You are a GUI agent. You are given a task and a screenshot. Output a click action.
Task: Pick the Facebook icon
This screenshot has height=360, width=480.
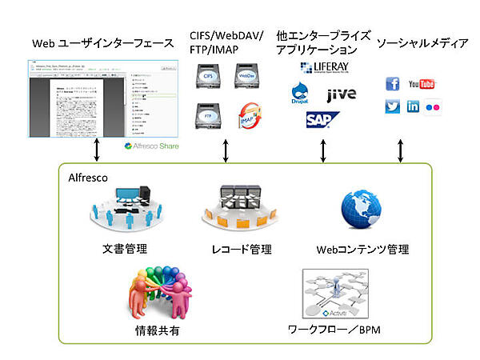point(393,84)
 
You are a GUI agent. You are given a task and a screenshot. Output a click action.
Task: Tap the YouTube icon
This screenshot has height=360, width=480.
point(421,84)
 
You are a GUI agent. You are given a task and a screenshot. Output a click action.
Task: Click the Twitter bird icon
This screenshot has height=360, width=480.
point(393,106)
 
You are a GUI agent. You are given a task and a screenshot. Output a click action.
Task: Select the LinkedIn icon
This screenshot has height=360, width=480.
point(414,106)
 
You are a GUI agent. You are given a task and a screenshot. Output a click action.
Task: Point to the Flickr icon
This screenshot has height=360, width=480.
point(434,106)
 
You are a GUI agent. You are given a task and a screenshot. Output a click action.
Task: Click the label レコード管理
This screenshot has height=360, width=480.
point(239,248)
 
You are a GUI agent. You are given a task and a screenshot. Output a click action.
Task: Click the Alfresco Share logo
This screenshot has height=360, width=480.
point(152,146)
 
